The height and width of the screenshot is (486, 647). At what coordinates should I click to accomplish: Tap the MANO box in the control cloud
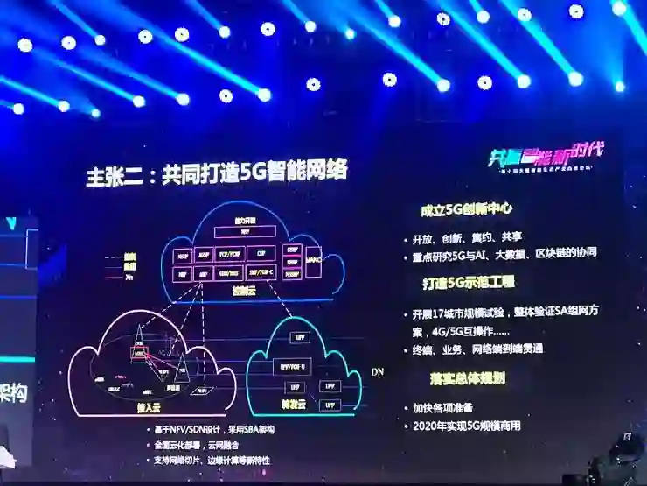(x=313, y=260)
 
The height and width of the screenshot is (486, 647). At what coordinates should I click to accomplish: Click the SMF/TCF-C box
(x=261, y=272)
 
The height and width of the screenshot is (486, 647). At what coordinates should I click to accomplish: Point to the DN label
(x=377, y=373)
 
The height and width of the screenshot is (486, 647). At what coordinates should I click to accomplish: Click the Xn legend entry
(x=129, y=276)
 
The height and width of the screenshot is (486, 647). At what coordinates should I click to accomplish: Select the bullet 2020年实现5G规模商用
(x=472, y=426)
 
